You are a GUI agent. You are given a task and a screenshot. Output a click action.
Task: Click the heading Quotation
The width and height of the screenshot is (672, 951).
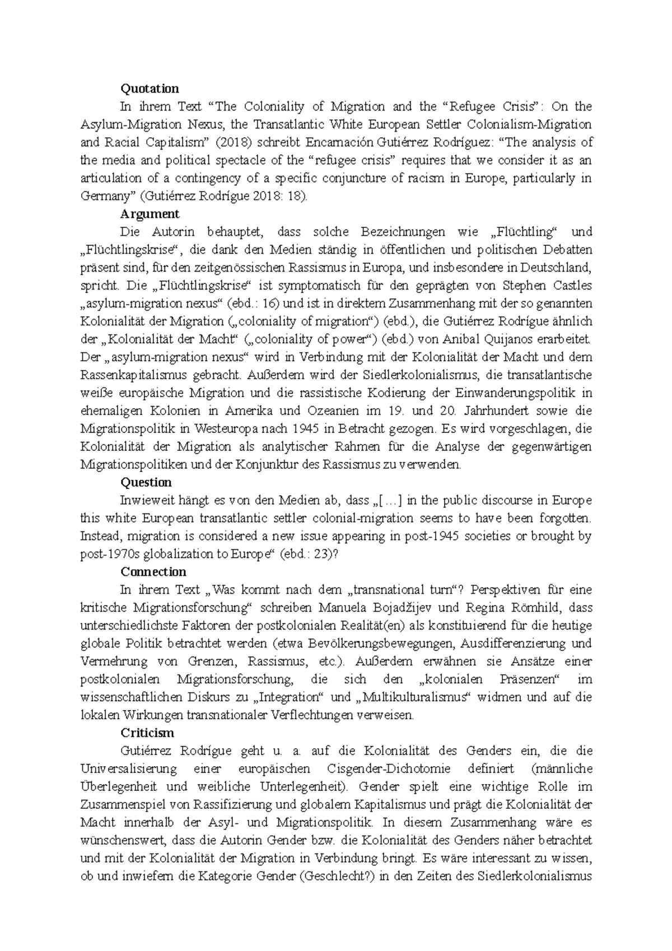150,88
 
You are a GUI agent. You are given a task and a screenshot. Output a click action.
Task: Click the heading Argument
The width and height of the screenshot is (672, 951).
150,214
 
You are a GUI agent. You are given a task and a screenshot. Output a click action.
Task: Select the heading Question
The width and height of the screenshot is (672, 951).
146,482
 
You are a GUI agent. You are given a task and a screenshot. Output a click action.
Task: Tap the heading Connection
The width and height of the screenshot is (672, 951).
153,572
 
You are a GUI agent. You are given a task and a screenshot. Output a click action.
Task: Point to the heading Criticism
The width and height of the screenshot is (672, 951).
147,733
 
